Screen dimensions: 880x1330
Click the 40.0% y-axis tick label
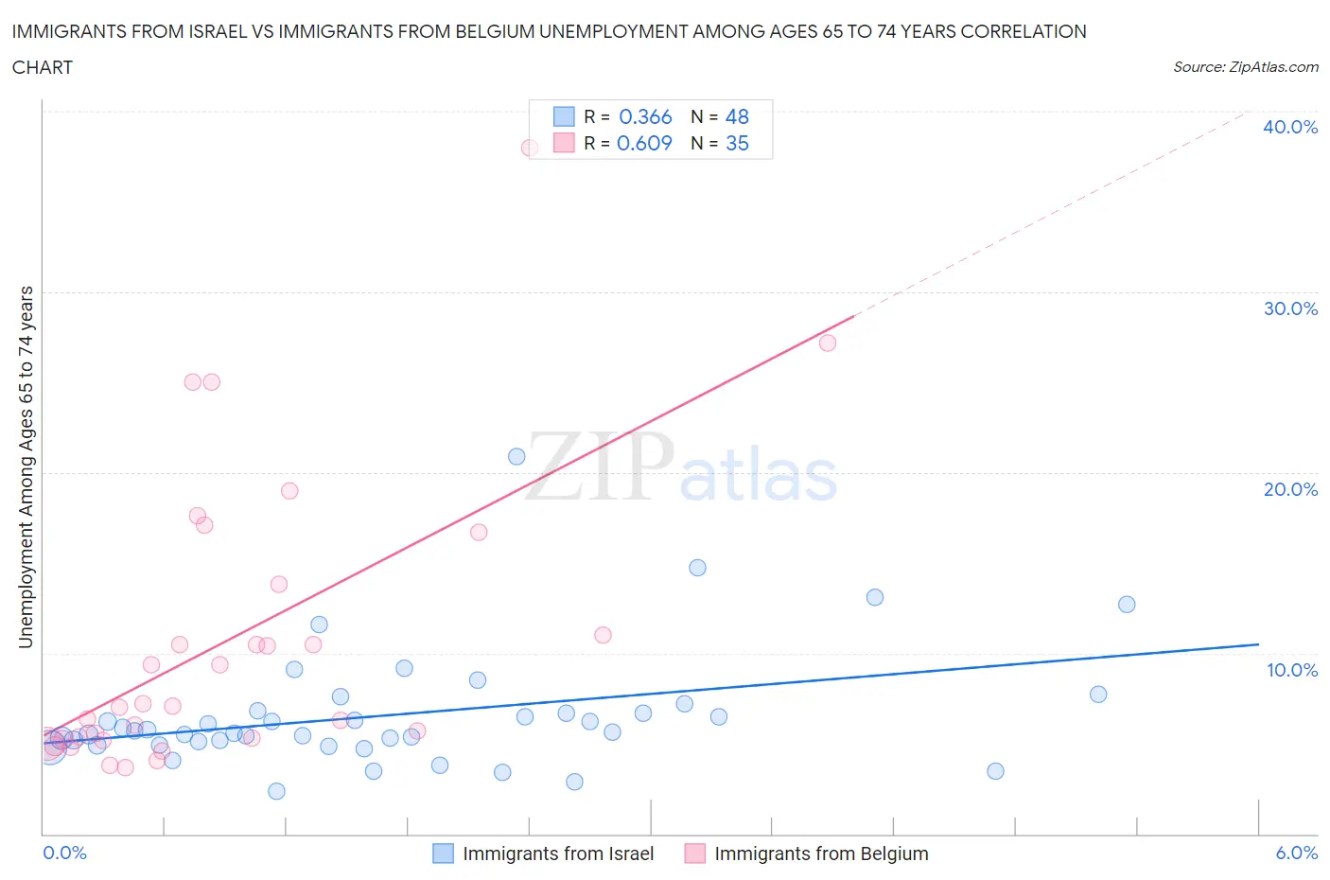[1290, 127]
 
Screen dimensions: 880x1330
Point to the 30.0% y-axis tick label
[1290, 308]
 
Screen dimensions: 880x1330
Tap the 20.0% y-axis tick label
[1290, 489]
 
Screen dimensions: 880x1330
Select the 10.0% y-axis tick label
[1291, 670]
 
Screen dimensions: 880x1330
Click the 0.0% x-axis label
[64, 853]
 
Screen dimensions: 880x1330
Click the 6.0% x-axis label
[1296, 853]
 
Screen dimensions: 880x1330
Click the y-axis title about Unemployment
[26, 467]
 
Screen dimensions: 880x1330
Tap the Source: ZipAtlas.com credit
[1245, 67]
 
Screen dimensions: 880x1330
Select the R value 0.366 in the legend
[645, 116]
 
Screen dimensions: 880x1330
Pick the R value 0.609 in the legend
[644, 143]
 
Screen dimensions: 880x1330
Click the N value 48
[737, 116]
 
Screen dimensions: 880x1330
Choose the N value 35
[737, 143]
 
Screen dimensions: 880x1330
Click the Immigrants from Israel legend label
[558, 854]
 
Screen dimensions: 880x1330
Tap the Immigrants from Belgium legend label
[821, 854]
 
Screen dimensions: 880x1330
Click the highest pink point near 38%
[530, 148]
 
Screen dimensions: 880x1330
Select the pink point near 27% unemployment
[828, 343]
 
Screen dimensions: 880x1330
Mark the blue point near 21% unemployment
[516, 456]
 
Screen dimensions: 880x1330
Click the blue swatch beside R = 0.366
[564, 116]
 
